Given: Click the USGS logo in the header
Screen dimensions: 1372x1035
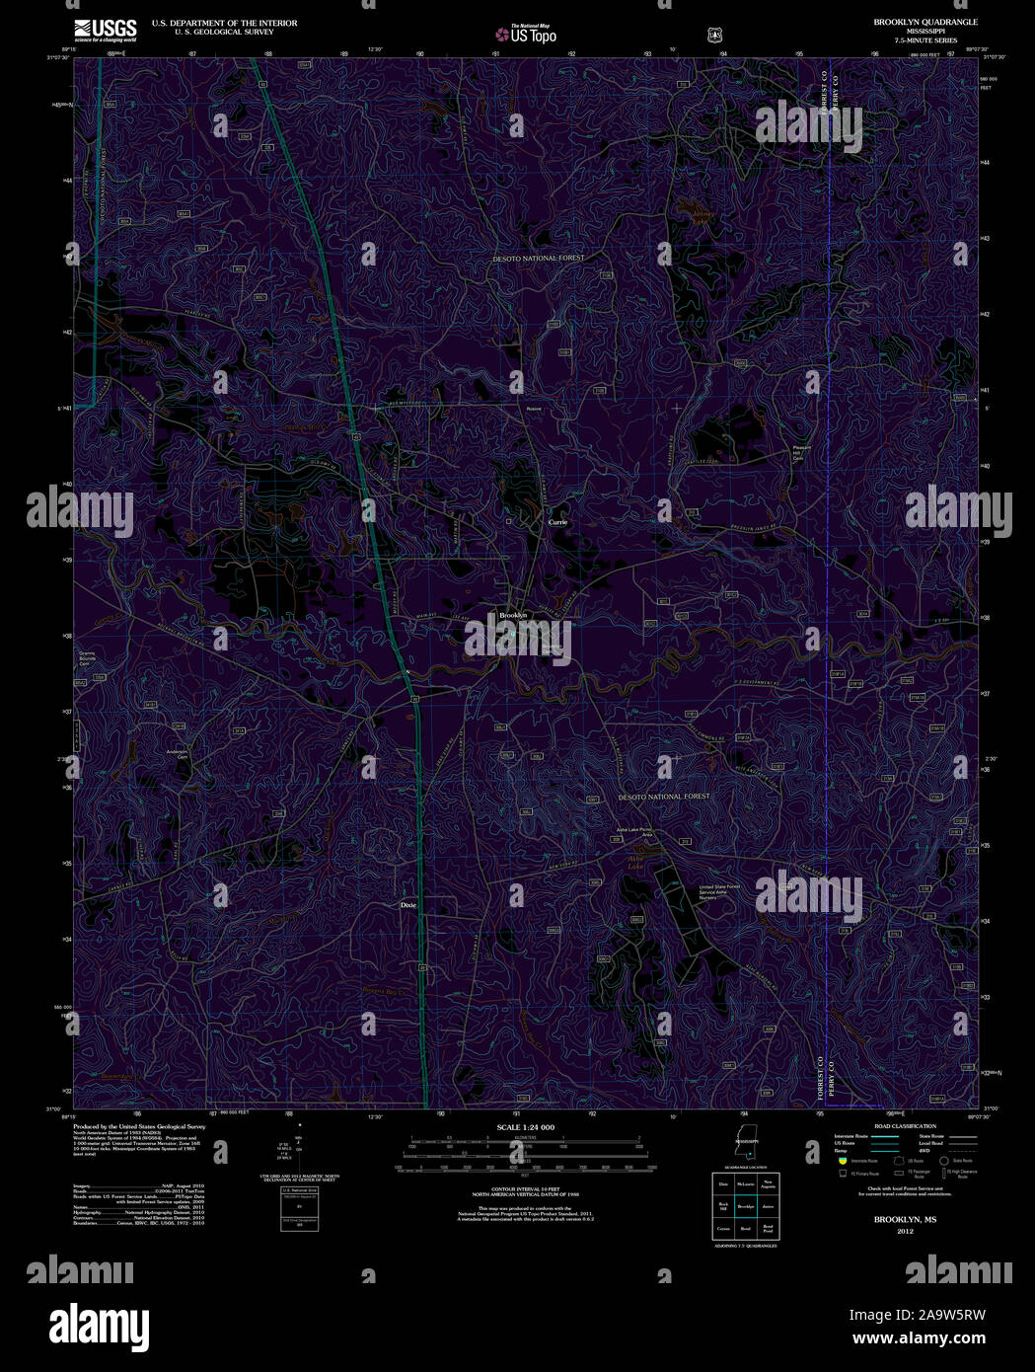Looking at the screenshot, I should pos(105,29).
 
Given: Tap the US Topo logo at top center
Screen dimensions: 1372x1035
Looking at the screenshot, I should pos(527,34).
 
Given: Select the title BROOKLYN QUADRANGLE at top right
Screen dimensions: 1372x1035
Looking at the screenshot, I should pos(911,22).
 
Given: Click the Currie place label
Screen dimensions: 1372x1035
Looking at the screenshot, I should pos(558,521).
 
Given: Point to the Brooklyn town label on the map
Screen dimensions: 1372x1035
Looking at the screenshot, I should pos(513,615).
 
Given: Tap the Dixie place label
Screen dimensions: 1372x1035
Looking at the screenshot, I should pos(408,904).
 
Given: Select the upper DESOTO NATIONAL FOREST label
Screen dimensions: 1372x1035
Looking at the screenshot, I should pos(539,258).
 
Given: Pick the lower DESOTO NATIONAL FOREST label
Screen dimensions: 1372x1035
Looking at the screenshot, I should pos(663,796).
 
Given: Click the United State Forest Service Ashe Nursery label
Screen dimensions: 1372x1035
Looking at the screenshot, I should pos(719,891).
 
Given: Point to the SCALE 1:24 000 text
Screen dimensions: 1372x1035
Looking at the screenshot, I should pos(525,1127).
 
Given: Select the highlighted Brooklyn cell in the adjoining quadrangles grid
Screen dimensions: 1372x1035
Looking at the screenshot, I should pos(745,1206).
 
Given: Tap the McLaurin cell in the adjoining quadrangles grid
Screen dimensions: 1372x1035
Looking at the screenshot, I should pos(745,1183).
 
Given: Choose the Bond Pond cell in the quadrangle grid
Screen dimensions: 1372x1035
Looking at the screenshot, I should pos(768,1229).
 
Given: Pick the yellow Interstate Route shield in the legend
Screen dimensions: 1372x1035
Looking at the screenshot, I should pos(842,1161).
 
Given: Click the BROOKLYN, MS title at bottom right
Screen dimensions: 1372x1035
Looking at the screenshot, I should pos(905,1220).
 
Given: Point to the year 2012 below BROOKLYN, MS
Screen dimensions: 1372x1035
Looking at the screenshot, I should pos(905,1232).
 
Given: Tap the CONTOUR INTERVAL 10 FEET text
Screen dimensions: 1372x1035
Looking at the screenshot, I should pos(525,1187).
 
